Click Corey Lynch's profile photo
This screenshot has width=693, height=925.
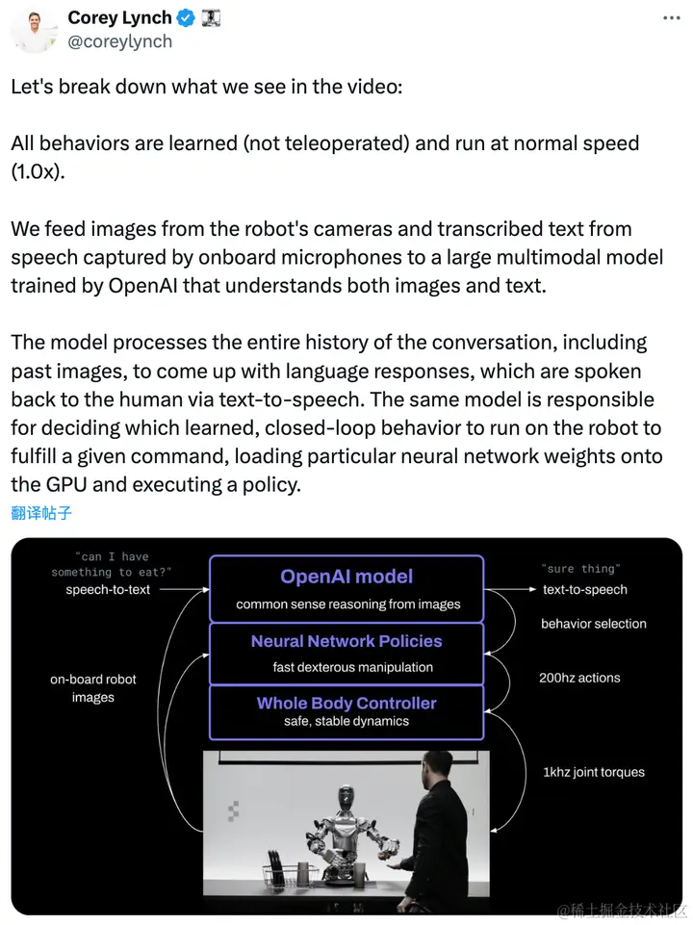click(x=33, y=28)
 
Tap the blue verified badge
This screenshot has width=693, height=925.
click(x=186, y=17)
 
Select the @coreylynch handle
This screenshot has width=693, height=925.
click(x=120, y=41)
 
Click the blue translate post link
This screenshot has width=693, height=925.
click(x=41, y=512)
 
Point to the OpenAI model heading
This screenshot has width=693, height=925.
click(x=346, y=577)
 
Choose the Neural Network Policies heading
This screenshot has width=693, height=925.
click(x=346, y=641)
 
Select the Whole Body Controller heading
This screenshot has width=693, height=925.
click(x=346, y=704)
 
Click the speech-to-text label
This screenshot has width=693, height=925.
click(x=108, y=589)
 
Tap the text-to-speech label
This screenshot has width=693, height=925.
click(x=584, y=589)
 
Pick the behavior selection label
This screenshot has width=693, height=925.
click(x=593, y=624)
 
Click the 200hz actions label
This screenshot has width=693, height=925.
click(x=579, y=678)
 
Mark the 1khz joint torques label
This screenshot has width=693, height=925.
click(x=593, y=772)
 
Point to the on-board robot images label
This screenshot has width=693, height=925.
click(x=93, y=688)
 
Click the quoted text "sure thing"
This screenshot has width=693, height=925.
click(x=580, y=569)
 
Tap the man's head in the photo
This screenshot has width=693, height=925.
click(x=438, y=769)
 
